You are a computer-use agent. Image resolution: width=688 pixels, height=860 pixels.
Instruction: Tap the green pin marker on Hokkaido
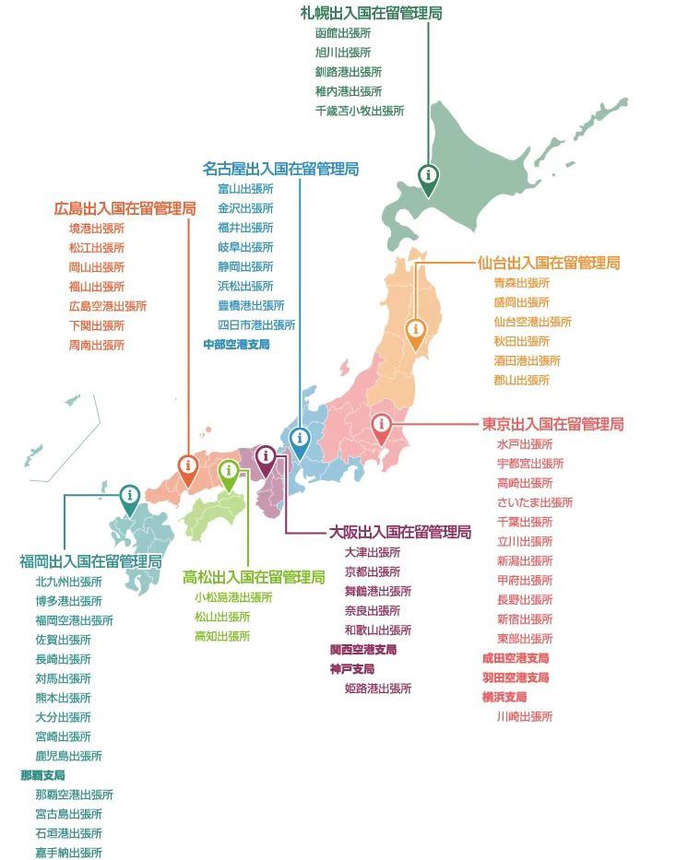point(428,176)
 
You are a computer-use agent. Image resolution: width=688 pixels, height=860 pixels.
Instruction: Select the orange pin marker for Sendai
point(416,331)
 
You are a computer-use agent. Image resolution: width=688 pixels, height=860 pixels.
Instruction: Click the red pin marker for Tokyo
point(381,426)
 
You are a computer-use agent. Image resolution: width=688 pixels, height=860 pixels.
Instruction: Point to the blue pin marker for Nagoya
point(299,439)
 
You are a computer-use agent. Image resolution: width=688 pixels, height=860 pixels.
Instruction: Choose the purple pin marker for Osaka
point(266,457)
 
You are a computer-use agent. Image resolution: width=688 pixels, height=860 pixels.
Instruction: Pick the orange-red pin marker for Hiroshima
point(187,467)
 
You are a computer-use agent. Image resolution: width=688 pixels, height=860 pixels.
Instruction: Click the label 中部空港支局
point(236,345)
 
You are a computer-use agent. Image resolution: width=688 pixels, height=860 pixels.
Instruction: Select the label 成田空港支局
point(515,658)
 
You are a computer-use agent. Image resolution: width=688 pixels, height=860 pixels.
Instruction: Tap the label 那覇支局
point(42,775)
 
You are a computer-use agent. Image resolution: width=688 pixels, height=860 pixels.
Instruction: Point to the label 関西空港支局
point(363,650)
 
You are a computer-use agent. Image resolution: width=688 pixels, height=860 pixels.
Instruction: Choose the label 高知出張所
point(221,637)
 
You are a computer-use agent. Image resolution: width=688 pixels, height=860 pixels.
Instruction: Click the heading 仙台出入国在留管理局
point(549,263)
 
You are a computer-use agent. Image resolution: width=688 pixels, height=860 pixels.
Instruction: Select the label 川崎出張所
point(524,716)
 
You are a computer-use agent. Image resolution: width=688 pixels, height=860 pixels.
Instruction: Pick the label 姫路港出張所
point(378,689)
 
